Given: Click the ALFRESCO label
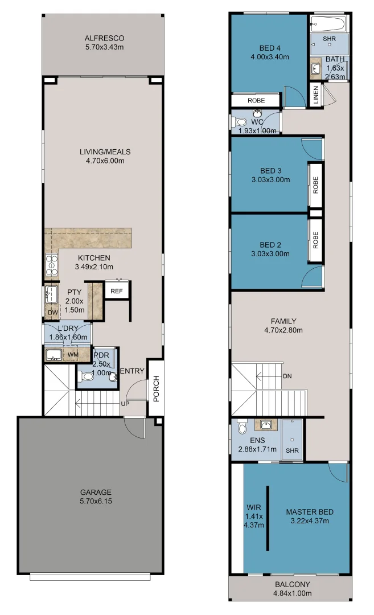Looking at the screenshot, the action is click(104, 38).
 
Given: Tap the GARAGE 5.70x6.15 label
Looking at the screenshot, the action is click(96, 496).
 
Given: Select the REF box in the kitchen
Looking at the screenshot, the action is click(117, 290).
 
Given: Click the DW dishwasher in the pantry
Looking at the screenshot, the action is click(53, 312).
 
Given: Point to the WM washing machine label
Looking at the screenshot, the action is click(73, 355).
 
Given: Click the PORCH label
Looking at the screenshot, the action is click(156, 388).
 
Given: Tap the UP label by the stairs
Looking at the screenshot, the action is click(125, 404).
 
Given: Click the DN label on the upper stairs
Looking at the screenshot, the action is click(287, 376).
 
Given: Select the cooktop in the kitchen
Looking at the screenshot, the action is click(51, 265).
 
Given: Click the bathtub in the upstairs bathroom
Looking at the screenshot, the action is click(328, 23).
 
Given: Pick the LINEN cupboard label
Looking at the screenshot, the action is click(316, 95).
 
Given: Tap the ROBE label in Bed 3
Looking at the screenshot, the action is click(315, 184).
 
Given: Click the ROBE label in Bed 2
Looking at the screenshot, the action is click(315, 240).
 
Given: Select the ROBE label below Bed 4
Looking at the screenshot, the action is click(256, 100).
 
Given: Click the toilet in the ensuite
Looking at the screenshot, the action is click(243, 426).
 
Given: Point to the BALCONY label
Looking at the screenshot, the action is click(293, 584).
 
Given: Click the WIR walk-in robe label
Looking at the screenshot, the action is click(254, 507).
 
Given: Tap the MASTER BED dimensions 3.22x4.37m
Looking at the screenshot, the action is click(310, 521).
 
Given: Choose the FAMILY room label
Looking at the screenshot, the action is click(283, 321).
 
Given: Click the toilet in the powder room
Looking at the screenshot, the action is click(86, 376).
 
